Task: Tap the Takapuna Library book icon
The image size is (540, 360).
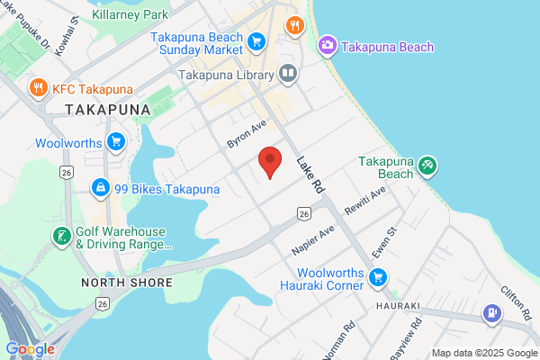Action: click(x=288, y=74)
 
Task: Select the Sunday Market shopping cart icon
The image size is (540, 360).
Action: click(x=256, y=40)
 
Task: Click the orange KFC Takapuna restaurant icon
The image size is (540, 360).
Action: click(x=38, y=89)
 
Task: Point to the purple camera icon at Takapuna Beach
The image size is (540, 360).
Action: click(x=328, y=45)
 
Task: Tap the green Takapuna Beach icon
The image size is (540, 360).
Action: click(x=427, y=166)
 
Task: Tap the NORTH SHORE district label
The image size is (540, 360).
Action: click(x=126, y=283)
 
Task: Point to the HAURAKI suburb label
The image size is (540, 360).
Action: click(x=399, y=306)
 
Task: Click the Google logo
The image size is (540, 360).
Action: click(x=30, y=349)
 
